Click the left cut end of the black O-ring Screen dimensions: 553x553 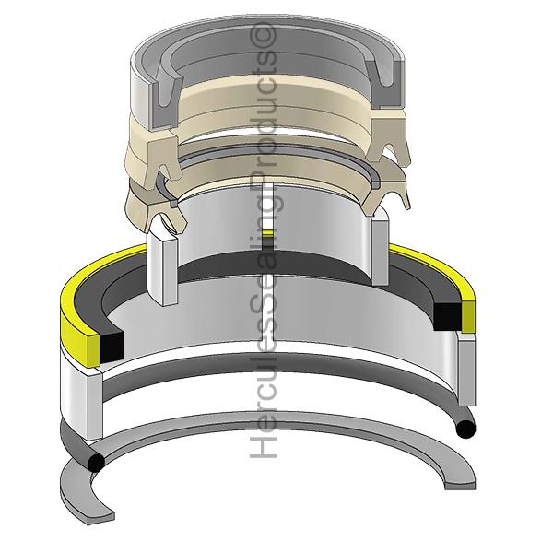click(96, 462)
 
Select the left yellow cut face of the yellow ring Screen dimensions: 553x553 click(94, 350)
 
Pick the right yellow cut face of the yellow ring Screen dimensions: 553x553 click(467, 316)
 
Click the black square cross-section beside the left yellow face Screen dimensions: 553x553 click(112, 347)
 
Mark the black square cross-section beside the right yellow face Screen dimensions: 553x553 click(447, 317)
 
